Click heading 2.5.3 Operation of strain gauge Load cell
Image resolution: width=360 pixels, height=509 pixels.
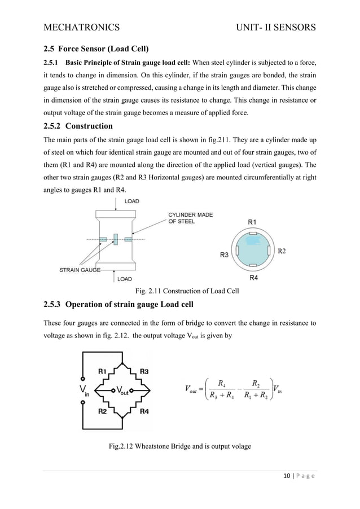pos(118,305)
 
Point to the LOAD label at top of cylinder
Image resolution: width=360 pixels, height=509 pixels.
pos(131,201)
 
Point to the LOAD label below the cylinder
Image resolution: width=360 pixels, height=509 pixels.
pos(124,279)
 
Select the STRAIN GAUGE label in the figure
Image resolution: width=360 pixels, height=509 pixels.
pos(80,270)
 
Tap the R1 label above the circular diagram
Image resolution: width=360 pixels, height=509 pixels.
pos(252,222)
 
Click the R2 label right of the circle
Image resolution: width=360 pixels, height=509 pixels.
pos(281,251)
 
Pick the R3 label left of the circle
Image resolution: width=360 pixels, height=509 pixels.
pos(224,255)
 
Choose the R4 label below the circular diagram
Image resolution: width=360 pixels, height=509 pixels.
pos(254,278)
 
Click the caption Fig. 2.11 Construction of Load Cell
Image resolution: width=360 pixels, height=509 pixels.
pos(187,291)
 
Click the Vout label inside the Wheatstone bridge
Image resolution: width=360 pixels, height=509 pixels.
pos(121,390)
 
